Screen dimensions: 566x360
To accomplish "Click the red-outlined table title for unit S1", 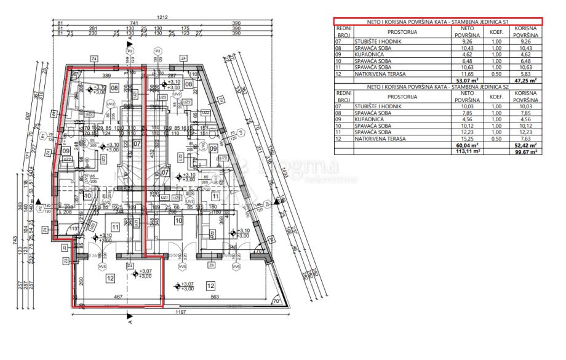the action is (436, 22).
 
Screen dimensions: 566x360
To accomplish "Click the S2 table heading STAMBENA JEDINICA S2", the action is (436, 86).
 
